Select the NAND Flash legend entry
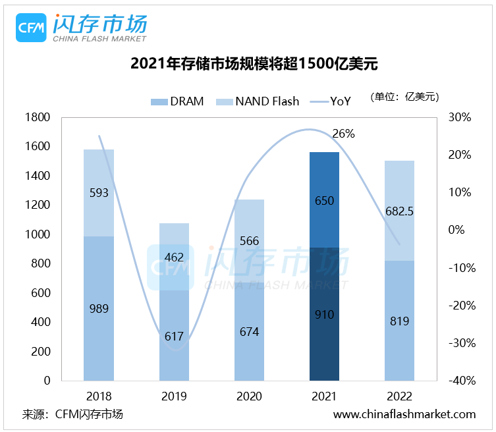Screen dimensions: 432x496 coord(259,101)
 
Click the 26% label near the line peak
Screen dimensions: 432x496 coord(343,134)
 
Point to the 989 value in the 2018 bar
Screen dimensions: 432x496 coord(99,308)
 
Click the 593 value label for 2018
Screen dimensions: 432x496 coord(99,194)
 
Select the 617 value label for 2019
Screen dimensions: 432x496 coord(174,337)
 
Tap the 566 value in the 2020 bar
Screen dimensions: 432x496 coord(249,241)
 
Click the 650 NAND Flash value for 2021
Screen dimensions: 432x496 coord(324,201)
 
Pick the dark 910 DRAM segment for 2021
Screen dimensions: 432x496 coord(324,315)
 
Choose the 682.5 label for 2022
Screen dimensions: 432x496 coord(399,212)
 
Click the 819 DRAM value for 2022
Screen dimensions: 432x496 coord(399,321)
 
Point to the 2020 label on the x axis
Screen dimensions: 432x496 coord(249,396)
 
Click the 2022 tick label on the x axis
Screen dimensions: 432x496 coord(399,396)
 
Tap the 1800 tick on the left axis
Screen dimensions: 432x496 coord(37,117)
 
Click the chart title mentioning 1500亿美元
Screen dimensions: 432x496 coord(248,65)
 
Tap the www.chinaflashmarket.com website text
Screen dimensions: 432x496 coord(404,414)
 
